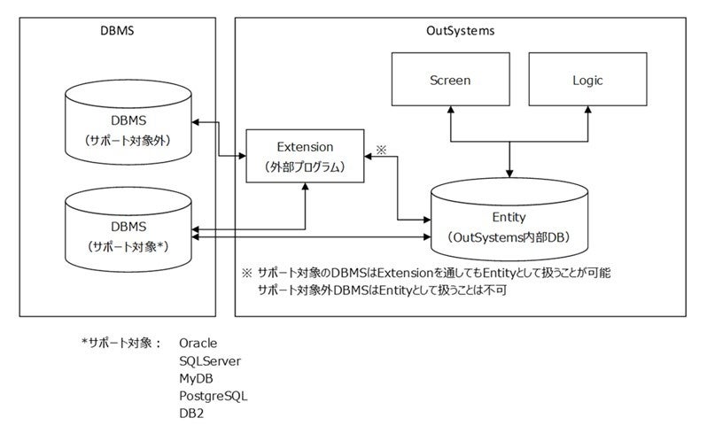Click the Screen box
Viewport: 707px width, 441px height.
point(449,81)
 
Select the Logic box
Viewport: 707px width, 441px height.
point(580,81)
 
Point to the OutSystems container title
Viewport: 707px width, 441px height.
point(460,31)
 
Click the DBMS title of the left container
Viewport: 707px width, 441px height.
point(116,31)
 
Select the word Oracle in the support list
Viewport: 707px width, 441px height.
point(198,343)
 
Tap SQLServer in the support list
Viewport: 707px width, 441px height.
point(209,360)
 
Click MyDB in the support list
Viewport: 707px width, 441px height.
point(196,378)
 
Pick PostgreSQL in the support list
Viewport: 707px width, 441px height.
point(213,396)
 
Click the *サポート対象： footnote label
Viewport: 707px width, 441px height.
point(120,343)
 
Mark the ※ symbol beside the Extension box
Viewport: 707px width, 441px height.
point(382,150)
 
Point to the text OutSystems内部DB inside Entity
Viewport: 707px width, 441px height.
point(509,236)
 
